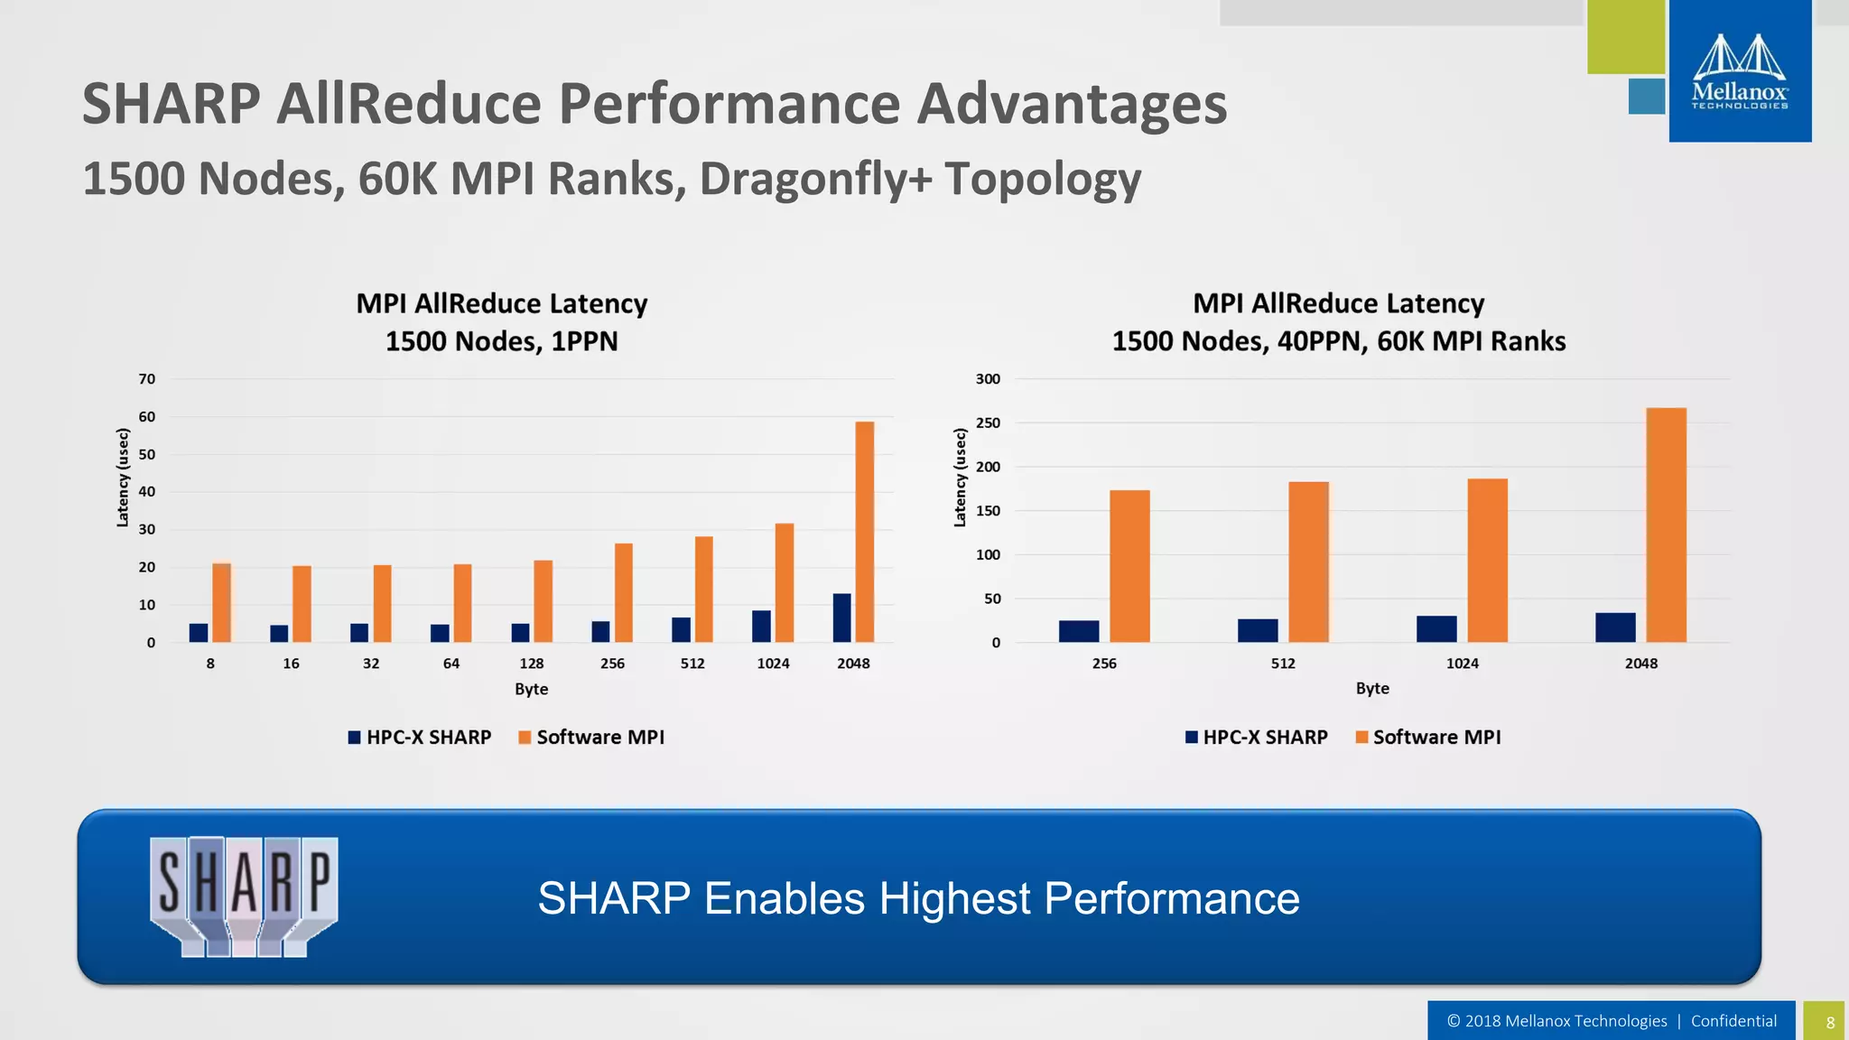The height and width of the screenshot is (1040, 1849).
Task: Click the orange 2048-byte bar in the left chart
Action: click(864, 533)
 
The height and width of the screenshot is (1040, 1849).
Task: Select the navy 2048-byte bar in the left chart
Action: click(841, 618)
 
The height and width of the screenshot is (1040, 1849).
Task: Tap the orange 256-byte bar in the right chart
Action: click(1129, 566)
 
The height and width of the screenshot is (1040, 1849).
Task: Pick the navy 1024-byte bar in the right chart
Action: click(1436, 629)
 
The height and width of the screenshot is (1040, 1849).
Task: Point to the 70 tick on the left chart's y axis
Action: click(147, 379)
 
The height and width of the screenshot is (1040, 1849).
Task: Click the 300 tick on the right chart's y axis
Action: click(988, 379)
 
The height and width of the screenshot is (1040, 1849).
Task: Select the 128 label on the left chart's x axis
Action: click(531, 664)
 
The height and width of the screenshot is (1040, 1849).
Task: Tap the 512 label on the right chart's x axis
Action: click(1283, 664)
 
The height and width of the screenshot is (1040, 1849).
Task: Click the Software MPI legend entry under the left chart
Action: click(591, 738)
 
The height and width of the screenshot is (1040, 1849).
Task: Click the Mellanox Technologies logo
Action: click(1739, 72)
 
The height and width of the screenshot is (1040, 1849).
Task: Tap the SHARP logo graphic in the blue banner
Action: click(244, 896)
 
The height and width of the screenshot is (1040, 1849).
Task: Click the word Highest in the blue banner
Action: click(954, 898)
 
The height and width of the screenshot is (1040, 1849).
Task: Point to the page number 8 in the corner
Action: click(1830, 1023)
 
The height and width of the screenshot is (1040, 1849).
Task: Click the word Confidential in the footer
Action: click(1733, 1021)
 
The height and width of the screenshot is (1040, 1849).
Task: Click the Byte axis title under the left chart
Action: click(531, 689)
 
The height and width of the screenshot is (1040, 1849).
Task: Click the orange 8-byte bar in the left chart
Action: click(222, 602)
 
